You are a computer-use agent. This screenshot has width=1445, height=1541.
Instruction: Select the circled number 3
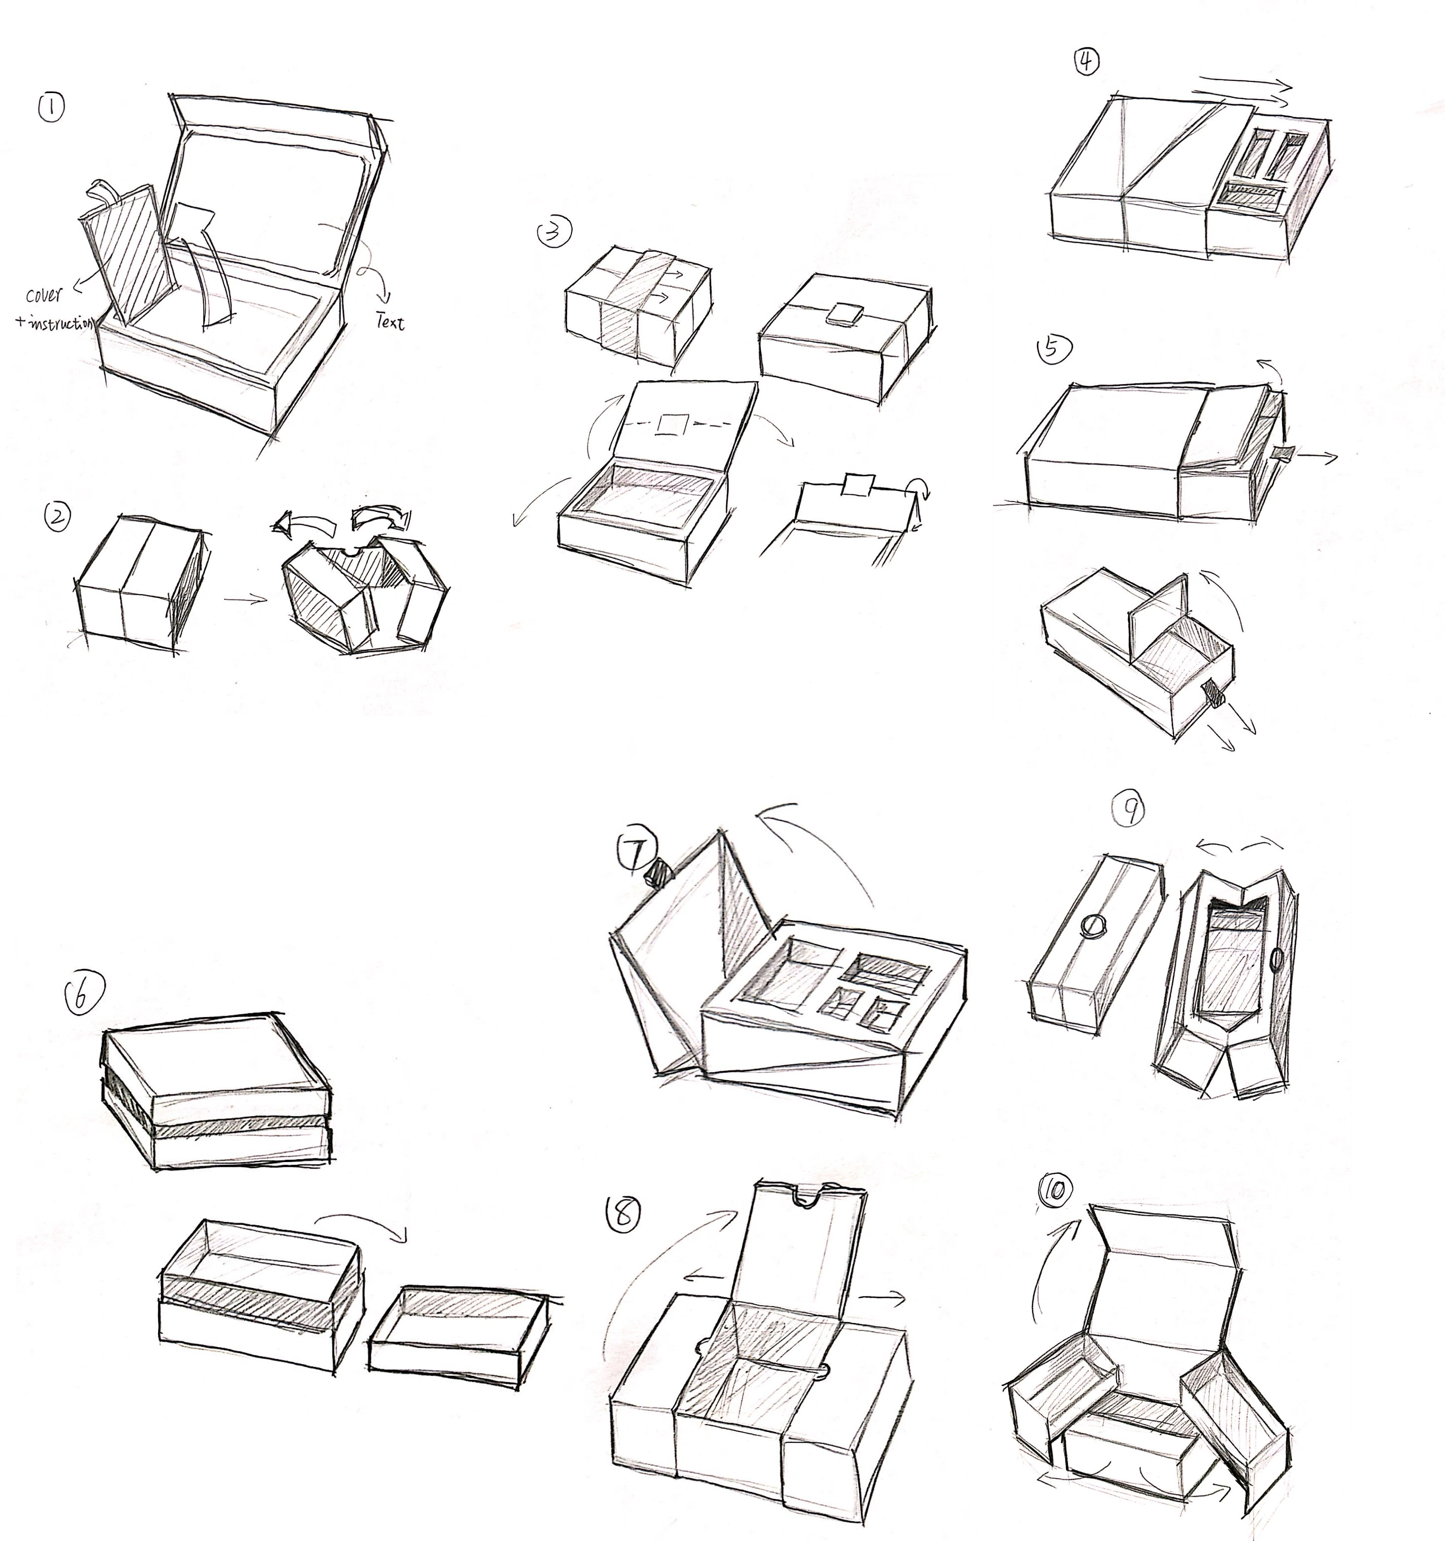pos(555,232)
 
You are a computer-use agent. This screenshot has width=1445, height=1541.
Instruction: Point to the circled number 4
pos(1087,60)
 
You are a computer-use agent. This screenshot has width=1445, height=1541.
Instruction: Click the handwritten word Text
pos(389,321)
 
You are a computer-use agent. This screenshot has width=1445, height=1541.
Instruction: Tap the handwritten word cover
pos(44,295)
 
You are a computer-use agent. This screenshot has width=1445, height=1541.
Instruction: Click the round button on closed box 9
pos(1093,925)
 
